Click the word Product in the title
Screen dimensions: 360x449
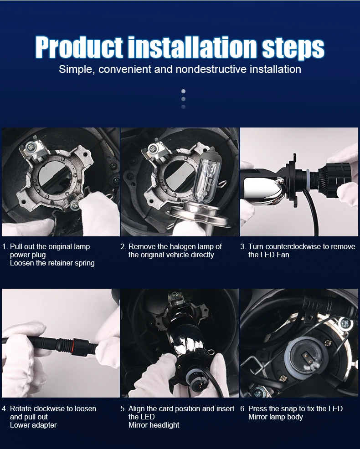click(79, 47)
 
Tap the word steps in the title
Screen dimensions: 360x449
click(293, 48)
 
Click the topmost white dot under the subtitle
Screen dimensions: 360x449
click(184, 92)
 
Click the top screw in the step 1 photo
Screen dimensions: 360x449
click(30, 148)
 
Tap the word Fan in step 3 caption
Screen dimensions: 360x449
click(283, 255)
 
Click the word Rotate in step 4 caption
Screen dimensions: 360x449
click(21, 408)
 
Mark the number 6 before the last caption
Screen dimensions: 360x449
click(242, 408)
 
